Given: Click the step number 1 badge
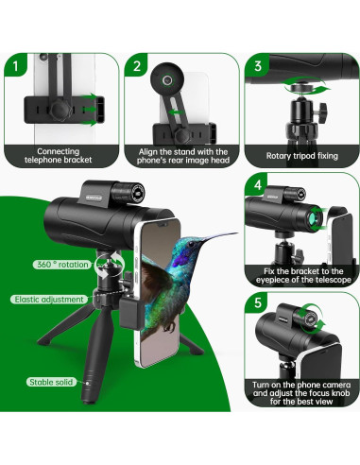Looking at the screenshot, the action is pyautogui.click(x=15, y=65).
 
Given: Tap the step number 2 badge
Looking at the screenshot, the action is pyautogui.click(x=136, y=65).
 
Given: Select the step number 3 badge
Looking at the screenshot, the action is pyautogui.click(x=258, y=65).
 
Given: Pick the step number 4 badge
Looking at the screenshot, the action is pyautogui.click(x=257, y=184).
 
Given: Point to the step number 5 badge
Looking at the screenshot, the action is pyautogui.click(x=258, y=302).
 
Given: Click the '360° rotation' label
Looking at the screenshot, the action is pyautogui.click(x=62, y=265).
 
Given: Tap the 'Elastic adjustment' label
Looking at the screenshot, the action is pyautogui.click(x=49, y=299).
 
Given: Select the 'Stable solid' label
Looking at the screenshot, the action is pyautogui.click(x=51, y=382).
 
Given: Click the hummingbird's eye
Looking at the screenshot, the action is pyautogui.click(x=190, y=244).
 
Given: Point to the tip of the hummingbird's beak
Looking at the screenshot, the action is pyautogui.click(x=237, y=233).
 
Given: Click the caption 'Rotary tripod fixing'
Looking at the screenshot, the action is pyautogui.click(x=301, y=156).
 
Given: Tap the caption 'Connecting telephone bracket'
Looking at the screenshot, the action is pyautogui.click(x=59, y=156).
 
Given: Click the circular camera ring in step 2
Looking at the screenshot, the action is pyautogui.click(x=167, y=79).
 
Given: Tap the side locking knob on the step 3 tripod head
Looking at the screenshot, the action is pyautogui.click(x=322, y=113).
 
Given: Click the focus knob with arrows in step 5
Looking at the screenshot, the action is pyautogui.click(x=311, y=318).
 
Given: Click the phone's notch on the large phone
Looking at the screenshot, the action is pyautogui.click(x=162, y=224).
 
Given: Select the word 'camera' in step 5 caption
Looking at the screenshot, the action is pyautogui.click(x=332, y=385).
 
